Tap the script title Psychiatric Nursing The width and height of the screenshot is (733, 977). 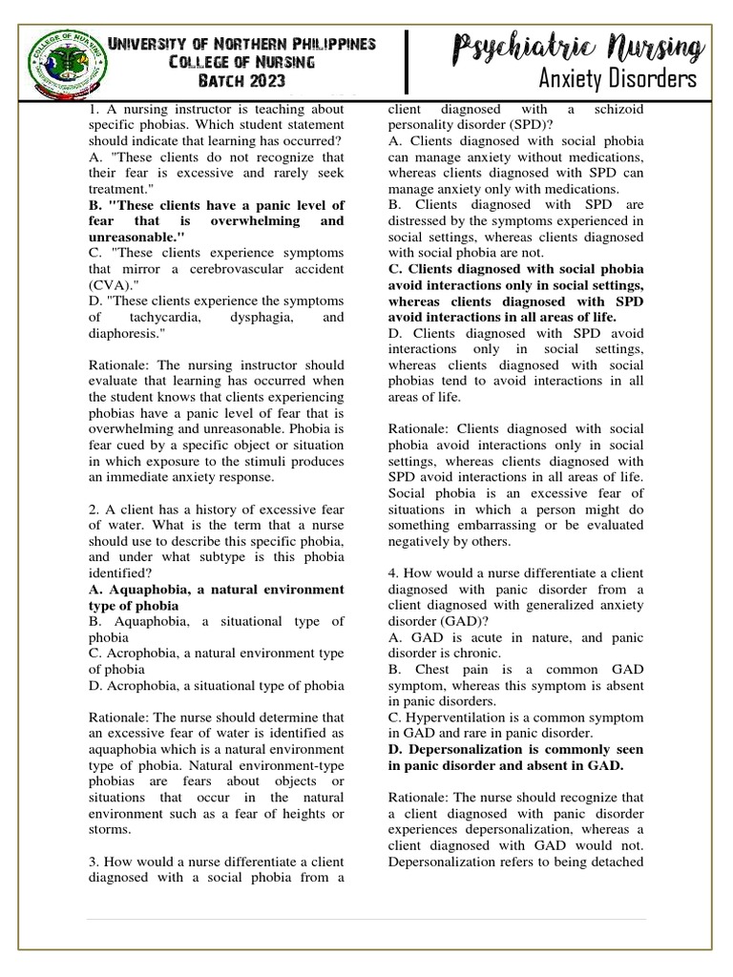[x=578, y=46]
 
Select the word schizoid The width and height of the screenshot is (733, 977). [x=613, y=110]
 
